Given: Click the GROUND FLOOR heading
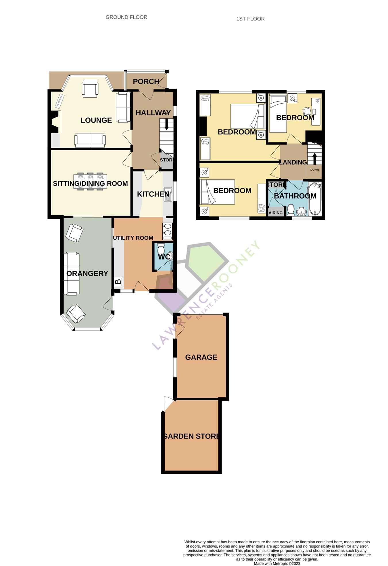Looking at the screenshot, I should (126, 17).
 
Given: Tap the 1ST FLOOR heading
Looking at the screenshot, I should (250, 19).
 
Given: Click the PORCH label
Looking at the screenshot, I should (146, 82).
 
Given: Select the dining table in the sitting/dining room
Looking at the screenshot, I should (90, 181).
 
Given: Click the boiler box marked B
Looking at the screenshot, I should (118, 281).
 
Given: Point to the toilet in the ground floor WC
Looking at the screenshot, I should (161, 249).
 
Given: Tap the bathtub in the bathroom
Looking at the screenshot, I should (315, 199).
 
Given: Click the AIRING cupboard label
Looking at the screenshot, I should (275, 213).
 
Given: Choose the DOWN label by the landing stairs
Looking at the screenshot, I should (314, 170).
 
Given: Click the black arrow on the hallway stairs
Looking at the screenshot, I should (166, 124).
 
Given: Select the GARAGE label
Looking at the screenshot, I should (201, 357).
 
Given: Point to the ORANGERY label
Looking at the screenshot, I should (87, 273).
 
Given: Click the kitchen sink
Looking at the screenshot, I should (168, 194).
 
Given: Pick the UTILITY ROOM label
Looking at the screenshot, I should (133, 238).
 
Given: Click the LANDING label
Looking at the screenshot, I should (293, 162).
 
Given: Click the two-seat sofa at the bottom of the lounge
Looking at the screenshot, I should (90, 140).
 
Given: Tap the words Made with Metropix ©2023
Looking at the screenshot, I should (277, 563).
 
